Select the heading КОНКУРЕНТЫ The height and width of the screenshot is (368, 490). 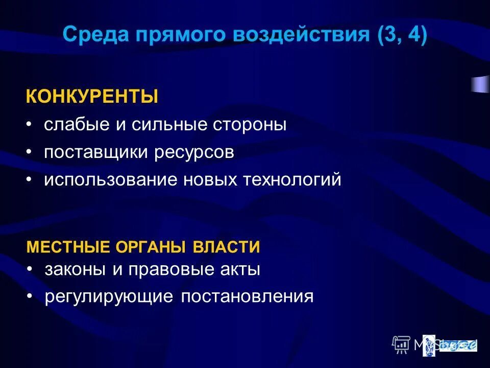tap(92, 97)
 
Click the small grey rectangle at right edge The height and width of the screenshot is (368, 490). tap(480, 84)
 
